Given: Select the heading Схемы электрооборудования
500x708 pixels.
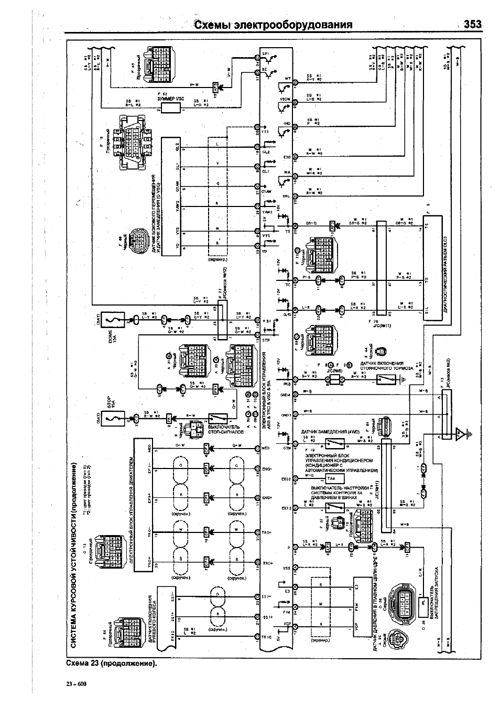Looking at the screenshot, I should point(273,25).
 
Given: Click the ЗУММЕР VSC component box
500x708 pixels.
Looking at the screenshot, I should point(171,108).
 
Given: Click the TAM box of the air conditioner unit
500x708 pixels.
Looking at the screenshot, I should point(331,479).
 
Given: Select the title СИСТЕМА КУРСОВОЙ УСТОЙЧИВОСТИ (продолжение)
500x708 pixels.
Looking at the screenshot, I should point(74,555).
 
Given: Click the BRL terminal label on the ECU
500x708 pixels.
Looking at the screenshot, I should point(286,195).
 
